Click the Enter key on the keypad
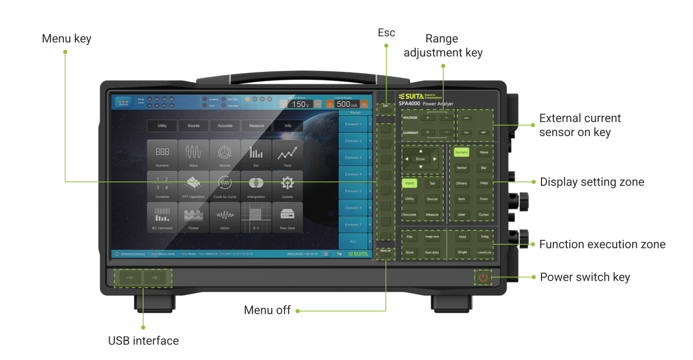pos(420,159)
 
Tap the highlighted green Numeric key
pos(461,152)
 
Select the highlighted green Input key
pos(409,183)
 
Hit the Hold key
pos(462,237)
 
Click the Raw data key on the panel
pos(432,252)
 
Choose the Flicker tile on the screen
pos(193,217)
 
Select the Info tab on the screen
pos(288,126)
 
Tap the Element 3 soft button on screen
pos(353,158)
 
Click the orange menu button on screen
pos(123,103)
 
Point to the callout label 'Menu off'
pos(267,310)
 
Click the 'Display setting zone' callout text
pos(592,182)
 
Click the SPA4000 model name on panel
pos(409,104)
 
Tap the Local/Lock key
pos(484,252)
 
